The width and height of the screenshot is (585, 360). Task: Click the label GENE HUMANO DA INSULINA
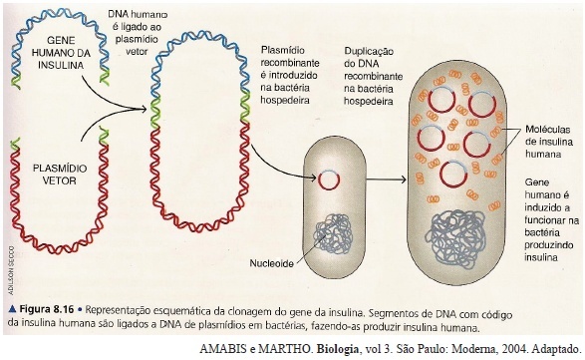click(x=61, y=53)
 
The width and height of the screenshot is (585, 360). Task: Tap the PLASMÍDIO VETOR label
click(x=60, y=175)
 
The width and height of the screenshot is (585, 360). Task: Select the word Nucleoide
click(x=271, y=263)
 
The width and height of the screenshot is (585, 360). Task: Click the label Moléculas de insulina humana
click(x=548, y=142)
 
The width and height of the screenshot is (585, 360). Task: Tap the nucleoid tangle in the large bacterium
click(x=454, y=238)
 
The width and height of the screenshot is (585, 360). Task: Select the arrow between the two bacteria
click(x=386, y=180)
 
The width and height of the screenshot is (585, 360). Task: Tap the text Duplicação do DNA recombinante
click(x=373, y=64)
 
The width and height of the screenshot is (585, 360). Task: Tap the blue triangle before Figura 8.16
click(x=12, y=309)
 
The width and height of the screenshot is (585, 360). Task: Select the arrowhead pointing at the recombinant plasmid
click(x=143, y=109)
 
